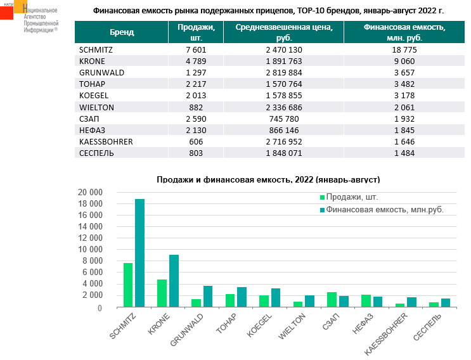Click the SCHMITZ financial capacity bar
(x=139, y=254)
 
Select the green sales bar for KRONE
(x=162, y=293)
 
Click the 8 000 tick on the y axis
(x=93, y=261)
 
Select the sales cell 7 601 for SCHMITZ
(x=196, y=49)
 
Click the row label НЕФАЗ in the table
(x=92, y=130)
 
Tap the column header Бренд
(x=121, y=32)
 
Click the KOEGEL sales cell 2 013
(x=196, y=95)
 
